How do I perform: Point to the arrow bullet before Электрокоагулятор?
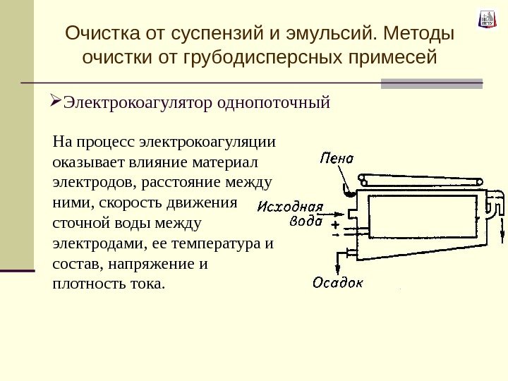pos(56,103)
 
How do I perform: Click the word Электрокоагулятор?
pos(137,104)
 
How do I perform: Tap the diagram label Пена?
pos(336,158)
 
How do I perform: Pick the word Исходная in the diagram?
pos(290,207)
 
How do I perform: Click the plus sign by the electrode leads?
pos(334,226)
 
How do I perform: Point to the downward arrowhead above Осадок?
pos(338,269)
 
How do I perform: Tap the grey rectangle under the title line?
pos(431,83)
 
